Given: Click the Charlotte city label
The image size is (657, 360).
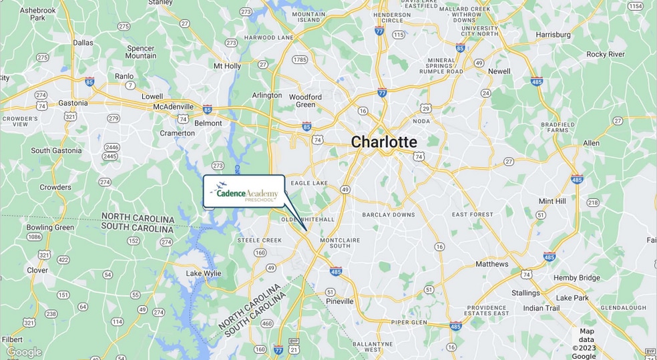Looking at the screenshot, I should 384,142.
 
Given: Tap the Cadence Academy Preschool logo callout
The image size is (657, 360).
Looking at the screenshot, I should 244,192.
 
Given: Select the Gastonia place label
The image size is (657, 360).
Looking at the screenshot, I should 73,104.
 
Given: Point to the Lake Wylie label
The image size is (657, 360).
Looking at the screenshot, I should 204,273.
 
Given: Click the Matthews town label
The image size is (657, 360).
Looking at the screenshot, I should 491,264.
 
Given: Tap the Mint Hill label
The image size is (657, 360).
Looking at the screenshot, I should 552,201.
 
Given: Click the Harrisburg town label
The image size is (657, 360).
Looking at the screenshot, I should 553,35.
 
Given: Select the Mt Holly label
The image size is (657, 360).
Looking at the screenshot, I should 227,66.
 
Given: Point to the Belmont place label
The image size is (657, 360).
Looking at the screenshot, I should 208,124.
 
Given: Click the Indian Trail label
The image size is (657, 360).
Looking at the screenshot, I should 541,308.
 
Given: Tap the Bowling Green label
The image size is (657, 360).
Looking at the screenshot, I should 50,227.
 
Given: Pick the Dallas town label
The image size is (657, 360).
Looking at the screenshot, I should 83,43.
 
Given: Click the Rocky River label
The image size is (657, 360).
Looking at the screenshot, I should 606,54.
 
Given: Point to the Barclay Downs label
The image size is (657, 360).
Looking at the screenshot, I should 388,215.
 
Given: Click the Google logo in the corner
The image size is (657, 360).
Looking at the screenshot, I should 24,352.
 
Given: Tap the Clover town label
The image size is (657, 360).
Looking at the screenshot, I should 37,271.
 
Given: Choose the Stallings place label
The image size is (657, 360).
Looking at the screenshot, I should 525,293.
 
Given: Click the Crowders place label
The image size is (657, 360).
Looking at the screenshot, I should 55,188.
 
